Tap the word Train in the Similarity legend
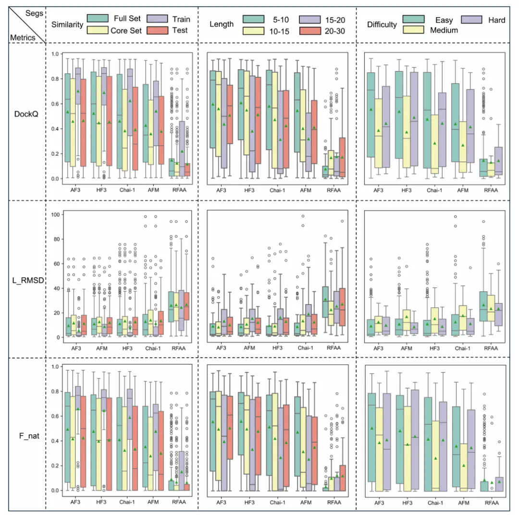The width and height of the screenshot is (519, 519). tap(181, 19)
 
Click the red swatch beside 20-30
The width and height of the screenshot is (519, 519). tap(312, 30)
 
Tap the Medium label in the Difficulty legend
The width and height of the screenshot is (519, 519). tap(445, 30)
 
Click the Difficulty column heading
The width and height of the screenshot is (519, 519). tap(382, 24)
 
